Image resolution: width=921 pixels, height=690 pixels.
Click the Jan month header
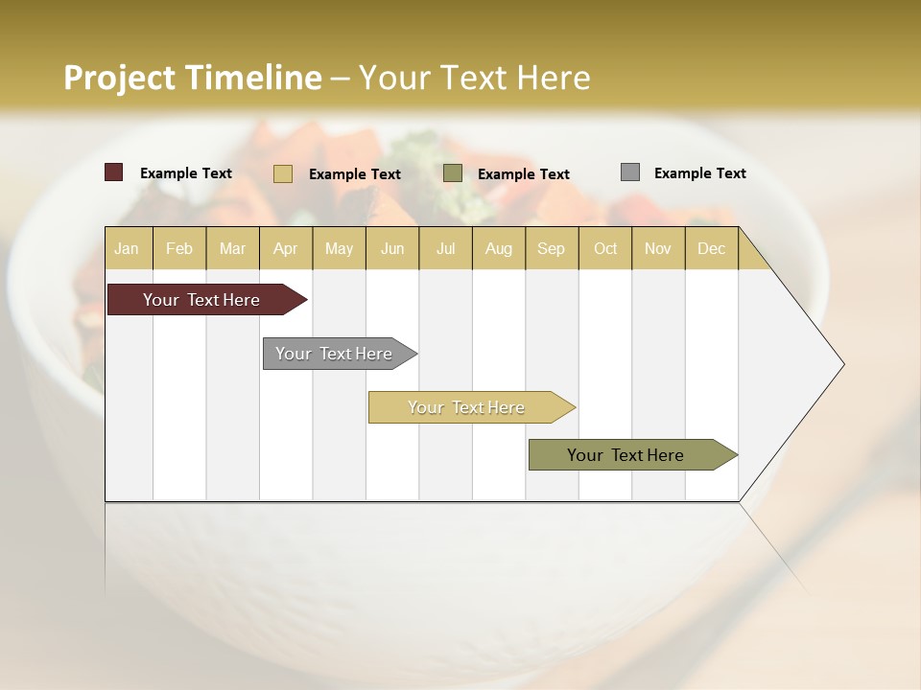point(127,248)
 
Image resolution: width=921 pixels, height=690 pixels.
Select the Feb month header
point(179,248)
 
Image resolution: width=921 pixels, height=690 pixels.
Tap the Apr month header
point(285,248)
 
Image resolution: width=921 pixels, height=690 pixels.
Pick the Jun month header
point(392,248)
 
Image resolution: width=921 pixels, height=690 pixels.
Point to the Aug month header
point(498,248)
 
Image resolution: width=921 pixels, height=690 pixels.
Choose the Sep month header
point(551,248)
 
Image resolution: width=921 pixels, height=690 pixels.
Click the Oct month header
point(605,248)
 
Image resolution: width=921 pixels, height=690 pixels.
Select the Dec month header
point(711,248)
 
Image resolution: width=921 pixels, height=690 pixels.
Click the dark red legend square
point(114,172)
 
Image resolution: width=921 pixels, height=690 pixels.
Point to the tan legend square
point(283,173)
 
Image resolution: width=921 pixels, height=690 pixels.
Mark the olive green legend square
point(453,173)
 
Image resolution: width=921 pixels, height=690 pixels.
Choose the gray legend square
point(630,172)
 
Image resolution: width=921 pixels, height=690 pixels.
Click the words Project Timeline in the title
point(192,78)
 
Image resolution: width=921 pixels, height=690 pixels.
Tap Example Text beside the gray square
point(699,173)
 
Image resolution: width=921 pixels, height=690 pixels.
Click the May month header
point(339,248)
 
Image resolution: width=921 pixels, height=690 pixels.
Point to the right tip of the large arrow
point(841,364)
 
